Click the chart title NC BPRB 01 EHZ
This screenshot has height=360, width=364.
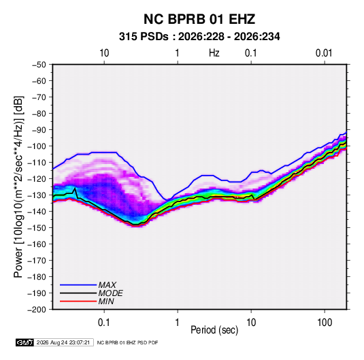tap(199, 19)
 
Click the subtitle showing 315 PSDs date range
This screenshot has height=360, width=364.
tap(199, 37)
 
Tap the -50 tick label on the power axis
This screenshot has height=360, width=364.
tap(39, 65)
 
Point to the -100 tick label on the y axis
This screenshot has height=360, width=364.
tap(37, 146)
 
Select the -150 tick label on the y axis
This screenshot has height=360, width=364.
tap(37, 228)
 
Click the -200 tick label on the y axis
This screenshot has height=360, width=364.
tap(37, 310)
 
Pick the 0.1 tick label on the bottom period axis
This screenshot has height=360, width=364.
tap(104, 323)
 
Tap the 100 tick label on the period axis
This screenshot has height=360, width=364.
tap(325, 323)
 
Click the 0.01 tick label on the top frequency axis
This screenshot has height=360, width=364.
tap(324, 53)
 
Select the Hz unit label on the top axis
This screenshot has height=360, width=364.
tap(214, 53)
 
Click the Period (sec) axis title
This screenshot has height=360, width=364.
tap(214, 330)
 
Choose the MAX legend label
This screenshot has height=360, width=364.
tap(107, 285)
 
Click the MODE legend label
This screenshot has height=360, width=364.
tap(110, 293)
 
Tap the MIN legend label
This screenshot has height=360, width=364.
tap(106, 301)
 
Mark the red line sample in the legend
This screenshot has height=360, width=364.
tap(78, 301)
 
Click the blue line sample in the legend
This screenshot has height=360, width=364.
tap(78, 285)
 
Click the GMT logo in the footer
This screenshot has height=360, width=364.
tap(25, 342)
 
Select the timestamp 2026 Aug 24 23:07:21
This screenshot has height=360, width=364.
tap(63, 342)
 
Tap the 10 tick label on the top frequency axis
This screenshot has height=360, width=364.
tap(104, 53)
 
